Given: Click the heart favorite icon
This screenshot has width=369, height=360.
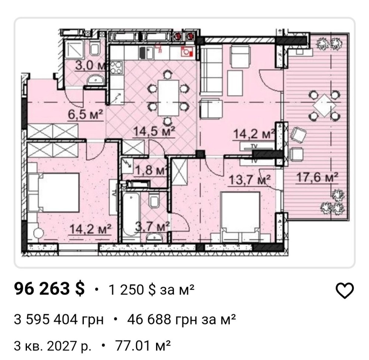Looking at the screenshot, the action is click(344, 291).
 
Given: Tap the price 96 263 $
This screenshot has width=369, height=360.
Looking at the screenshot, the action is click(49, 289).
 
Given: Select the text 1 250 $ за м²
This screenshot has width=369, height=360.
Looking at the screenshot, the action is click(151, 290).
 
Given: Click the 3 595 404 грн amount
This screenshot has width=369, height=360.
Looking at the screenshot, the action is click(59, 320).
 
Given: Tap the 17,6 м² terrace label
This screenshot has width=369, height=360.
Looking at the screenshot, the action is click(317, 177).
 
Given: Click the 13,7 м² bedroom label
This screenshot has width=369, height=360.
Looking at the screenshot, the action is click(249, 180).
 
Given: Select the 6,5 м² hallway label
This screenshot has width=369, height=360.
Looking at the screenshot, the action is click(86, 115).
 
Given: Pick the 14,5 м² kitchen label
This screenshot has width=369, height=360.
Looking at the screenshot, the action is click(154, 131).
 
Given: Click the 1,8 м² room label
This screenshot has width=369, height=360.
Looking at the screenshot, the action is click(151, 170).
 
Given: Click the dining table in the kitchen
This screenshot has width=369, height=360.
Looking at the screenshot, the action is click(168, 98).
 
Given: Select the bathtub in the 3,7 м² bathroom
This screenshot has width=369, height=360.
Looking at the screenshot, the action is click(131, 214).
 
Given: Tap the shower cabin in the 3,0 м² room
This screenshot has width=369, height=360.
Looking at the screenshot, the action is click(75, 50).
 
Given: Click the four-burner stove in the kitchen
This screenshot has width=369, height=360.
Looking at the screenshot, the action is click(116, 67).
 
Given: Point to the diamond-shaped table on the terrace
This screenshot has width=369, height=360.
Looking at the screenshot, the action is click(324, 105).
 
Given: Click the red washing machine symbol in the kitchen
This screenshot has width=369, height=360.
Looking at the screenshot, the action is click(187, 52).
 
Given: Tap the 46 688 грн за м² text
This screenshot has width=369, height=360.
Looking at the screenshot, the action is click(182, 320).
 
